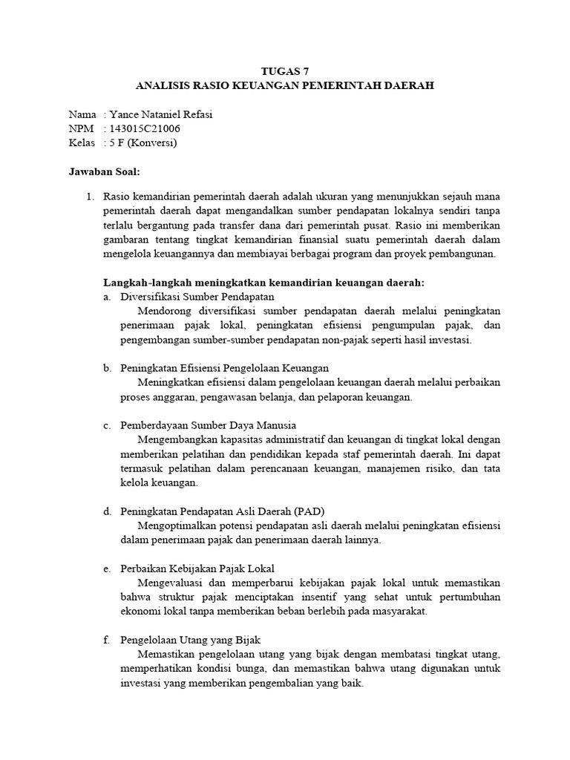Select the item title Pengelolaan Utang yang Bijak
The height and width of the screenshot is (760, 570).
click(191, 640)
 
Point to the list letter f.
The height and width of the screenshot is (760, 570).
click(107, 640)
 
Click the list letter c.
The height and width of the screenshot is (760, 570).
click(107, 425)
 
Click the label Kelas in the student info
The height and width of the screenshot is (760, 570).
click(82, 142)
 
